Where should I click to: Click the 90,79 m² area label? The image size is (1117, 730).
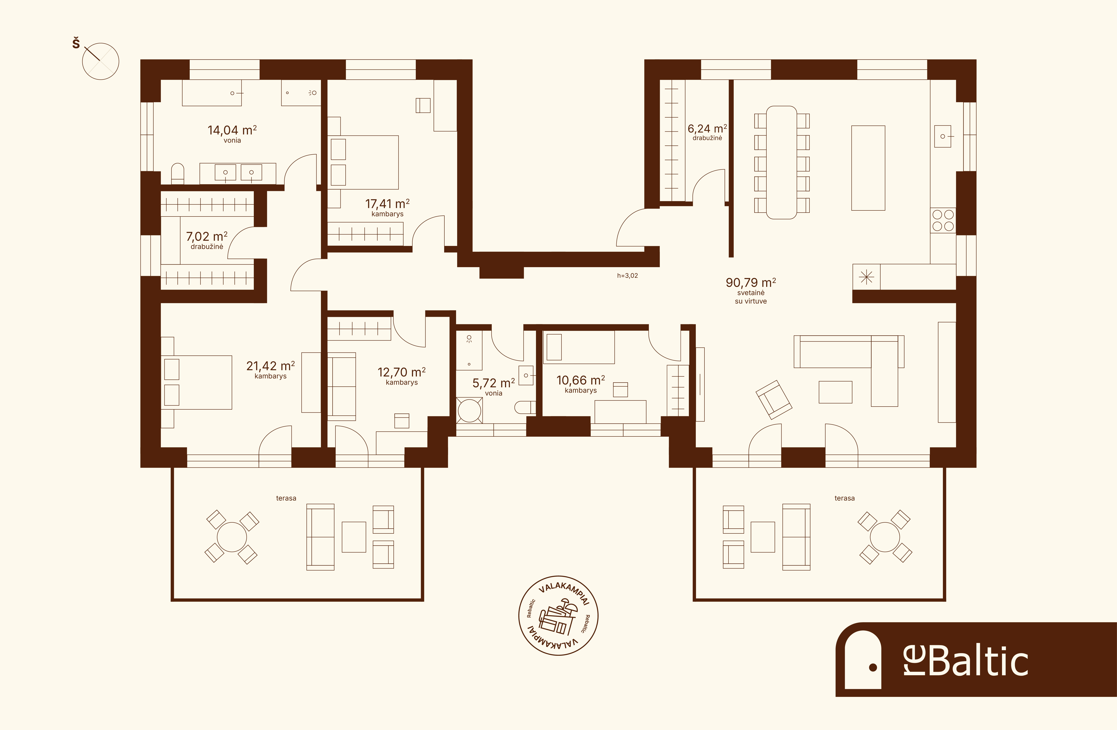(750, 283)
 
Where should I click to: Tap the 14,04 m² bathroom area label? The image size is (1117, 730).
(232, 130)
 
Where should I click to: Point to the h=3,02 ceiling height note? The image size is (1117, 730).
(628, 275)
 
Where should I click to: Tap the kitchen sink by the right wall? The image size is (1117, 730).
(942, 137)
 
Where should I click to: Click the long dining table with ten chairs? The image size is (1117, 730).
(781, 162)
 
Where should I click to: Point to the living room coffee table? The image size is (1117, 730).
(835, 392)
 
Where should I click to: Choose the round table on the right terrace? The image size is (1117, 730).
(885, 537)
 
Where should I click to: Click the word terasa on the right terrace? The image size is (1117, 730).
(844, 498)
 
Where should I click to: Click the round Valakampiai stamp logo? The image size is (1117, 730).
(558, 615)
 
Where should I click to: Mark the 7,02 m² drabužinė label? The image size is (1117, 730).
(207, 240)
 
